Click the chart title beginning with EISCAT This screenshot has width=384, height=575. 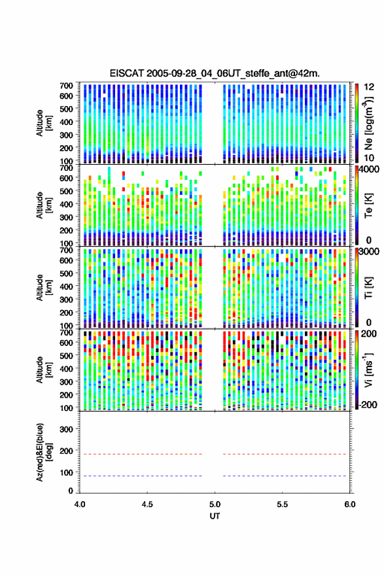pyautogui.click(x=215, y=73)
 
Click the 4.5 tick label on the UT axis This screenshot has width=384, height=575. pyautogui.click(x=147, y=504)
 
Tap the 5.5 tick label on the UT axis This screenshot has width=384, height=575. pyautogui.click(x=282, y=504)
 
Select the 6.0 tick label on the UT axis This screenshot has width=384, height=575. pyautogui.click(x=350, y=504)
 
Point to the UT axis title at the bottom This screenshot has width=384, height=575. pyautogui.click(x=215, y=516)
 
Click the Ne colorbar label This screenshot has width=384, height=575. pyautogui.click(x=368, y=123)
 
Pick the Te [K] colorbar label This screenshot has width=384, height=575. pyautogui.click(x=368, y=205)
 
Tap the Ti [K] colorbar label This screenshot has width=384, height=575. pyautogui.click(x=368, y=288)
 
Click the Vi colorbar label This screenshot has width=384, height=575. pyautogui.click(x=368, y=370)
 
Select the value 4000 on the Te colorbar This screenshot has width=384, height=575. pyautogui.click(x=369, y=169)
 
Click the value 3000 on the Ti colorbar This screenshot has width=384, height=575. pyautogui.click(x=369, y=252)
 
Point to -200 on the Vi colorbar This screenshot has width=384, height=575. pyautogui.click(x=368, y=404)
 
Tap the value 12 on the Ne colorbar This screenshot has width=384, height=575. pyautogui.click(x=369, y=87)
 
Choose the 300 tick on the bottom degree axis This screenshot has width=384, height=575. pyautogui.click(x=66, y=429)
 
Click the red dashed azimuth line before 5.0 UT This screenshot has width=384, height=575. pyautogui.click(x=141, y=454)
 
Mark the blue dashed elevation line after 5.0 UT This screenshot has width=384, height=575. pyautogui.click(x=285, y=476)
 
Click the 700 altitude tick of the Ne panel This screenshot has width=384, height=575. pyautogui.click(x=66, y=86)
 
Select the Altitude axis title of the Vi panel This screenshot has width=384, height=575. pyautogui.click(x=44, y=370)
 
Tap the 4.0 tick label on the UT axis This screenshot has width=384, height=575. pyautogui.click(x=80, y=504)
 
